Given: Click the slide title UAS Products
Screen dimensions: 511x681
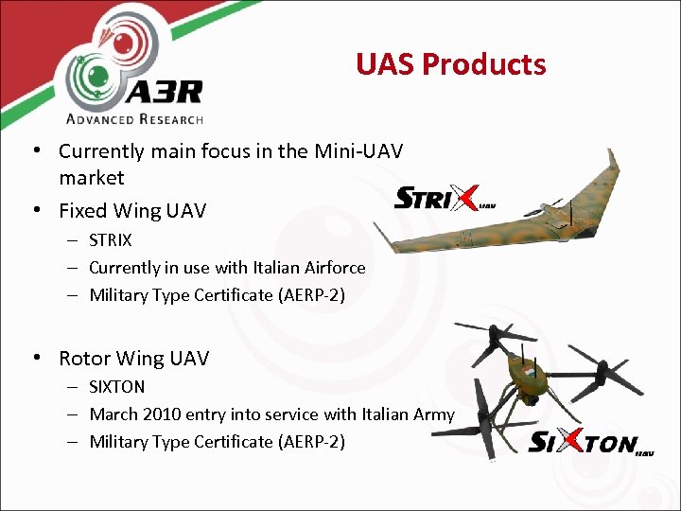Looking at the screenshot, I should pyautogui.click(x=451, y=64).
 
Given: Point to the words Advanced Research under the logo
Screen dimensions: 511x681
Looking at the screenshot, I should pyautogui.click(x=134, y=118).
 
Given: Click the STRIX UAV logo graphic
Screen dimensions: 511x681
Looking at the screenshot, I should pyautogui.click(x=443, y=200).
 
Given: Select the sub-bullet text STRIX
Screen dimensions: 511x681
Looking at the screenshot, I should pyautogui.click(x=111, y=240).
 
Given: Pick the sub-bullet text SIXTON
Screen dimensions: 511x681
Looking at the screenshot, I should pyautogui.click(x=117, y=387).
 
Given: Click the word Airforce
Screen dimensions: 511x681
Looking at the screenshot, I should pyautogui.click(x=333, y=268).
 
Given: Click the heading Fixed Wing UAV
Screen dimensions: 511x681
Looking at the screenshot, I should pyautogui.click(x=132, y=210).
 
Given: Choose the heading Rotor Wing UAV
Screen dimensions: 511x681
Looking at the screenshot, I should pyautogui.click(x=133, y=359).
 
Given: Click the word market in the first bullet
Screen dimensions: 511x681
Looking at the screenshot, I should pyautogui.click(x=92, y=178).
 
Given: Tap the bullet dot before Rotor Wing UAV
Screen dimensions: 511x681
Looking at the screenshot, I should pyautogui.click(x=35, y=358).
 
